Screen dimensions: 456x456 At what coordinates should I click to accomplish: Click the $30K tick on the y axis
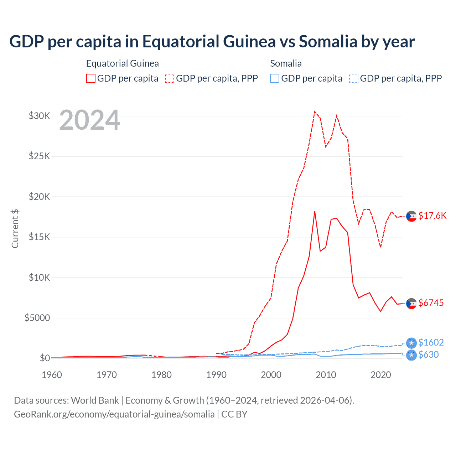click(x=39, y=116)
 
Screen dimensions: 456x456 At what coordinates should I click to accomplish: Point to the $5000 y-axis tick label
click(x=37, y=318)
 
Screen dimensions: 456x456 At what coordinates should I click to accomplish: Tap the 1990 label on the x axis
click(x=216, y=375)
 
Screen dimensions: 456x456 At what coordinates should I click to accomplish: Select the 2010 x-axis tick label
click(x=326, y=375)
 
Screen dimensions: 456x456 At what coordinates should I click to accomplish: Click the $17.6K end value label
click(x=432, y=216)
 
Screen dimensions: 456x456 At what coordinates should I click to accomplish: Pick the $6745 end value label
click(x=431, y=303)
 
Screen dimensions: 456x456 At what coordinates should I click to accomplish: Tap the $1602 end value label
click(x=431, y=342)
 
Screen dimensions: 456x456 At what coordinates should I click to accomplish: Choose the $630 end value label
click(x=429, y=354)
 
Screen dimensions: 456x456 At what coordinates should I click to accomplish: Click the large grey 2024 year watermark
click(x=90, y=120)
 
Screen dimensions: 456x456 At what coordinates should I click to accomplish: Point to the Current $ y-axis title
click(x=15, y=229)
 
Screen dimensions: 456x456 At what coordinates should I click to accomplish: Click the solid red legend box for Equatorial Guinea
click(x=91, y=78)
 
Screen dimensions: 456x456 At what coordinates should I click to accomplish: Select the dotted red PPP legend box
click(x=170, y=78)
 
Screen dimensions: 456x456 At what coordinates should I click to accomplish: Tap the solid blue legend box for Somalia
click(x=275, y=78)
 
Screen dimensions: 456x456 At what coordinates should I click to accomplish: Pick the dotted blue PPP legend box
click(x=354, y=78)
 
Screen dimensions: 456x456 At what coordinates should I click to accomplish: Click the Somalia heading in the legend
click(x=286, y=63)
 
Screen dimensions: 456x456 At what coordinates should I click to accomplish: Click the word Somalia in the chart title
click(x=328, y=41)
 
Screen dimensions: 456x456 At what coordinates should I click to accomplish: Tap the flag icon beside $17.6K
click(x=411, y=216)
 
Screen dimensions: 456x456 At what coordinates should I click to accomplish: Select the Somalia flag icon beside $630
click(x=411, y=355)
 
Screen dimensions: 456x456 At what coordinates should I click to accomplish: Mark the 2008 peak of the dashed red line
click(x=315, y=112)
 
